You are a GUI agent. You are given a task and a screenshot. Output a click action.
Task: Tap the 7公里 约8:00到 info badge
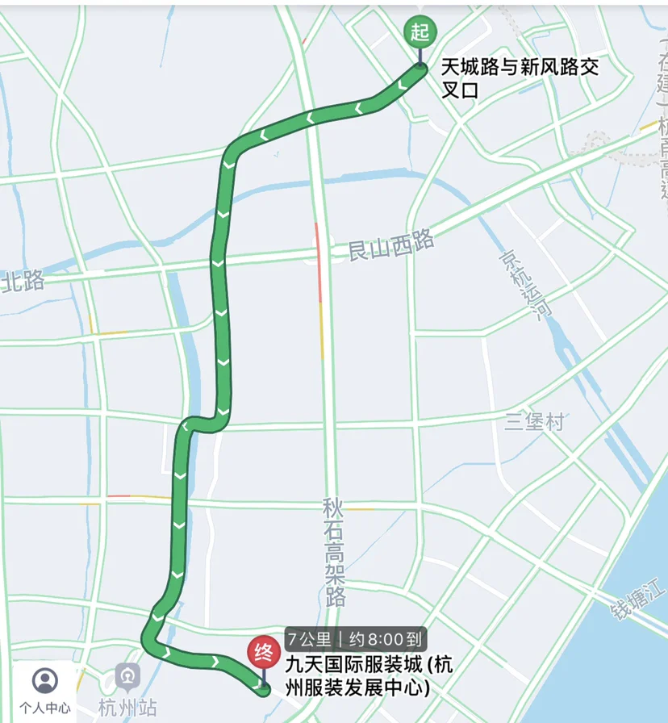(354, 640)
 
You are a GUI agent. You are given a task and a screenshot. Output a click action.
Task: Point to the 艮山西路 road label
(391, 245)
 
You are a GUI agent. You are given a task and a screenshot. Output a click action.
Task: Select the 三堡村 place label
(534, 421)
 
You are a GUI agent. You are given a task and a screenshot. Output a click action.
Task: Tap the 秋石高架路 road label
(334, 552)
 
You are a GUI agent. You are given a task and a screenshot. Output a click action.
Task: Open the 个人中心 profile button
(44, 691)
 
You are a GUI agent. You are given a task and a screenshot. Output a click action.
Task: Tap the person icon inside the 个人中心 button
(44, 681)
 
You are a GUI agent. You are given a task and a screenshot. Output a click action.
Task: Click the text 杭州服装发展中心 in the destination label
(355, 687)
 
